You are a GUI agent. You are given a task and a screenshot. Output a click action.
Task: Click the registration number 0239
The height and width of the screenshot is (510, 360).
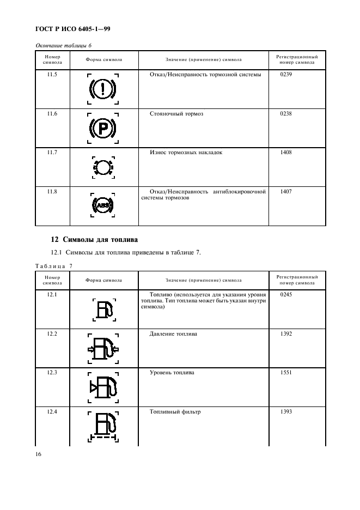286,74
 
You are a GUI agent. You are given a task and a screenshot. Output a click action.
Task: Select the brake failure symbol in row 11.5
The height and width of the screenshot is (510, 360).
102,89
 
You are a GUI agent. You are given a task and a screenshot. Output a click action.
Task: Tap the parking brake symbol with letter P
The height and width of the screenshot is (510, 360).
102,128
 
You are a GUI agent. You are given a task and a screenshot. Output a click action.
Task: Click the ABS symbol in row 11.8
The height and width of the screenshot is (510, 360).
102,205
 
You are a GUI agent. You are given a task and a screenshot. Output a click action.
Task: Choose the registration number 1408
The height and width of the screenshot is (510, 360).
286,153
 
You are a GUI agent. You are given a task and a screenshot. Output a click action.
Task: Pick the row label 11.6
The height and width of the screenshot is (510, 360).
52,113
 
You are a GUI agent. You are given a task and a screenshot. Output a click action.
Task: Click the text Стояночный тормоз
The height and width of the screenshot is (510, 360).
176,113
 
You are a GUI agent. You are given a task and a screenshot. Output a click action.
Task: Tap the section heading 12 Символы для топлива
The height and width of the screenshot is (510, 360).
94,239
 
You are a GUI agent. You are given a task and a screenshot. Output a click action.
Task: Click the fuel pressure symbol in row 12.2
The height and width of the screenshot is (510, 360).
103,348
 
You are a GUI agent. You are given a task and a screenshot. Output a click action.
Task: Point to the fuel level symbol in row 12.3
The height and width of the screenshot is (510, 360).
103,387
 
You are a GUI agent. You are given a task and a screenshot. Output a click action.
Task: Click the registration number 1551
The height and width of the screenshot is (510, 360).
286,373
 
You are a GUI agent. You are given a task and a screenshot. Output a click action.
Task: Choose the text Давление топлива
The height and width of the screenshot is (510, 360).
173,333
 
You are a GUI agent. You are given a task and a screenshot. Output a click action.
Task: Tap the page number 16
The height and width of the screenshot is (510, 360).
39,453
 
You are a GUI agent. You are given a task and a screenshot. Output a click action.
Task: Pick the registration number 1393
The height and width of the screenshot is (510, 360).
286,412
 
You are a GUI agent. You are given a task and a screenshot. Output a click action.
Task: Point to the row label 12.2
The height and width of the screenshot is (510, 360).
52,333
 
